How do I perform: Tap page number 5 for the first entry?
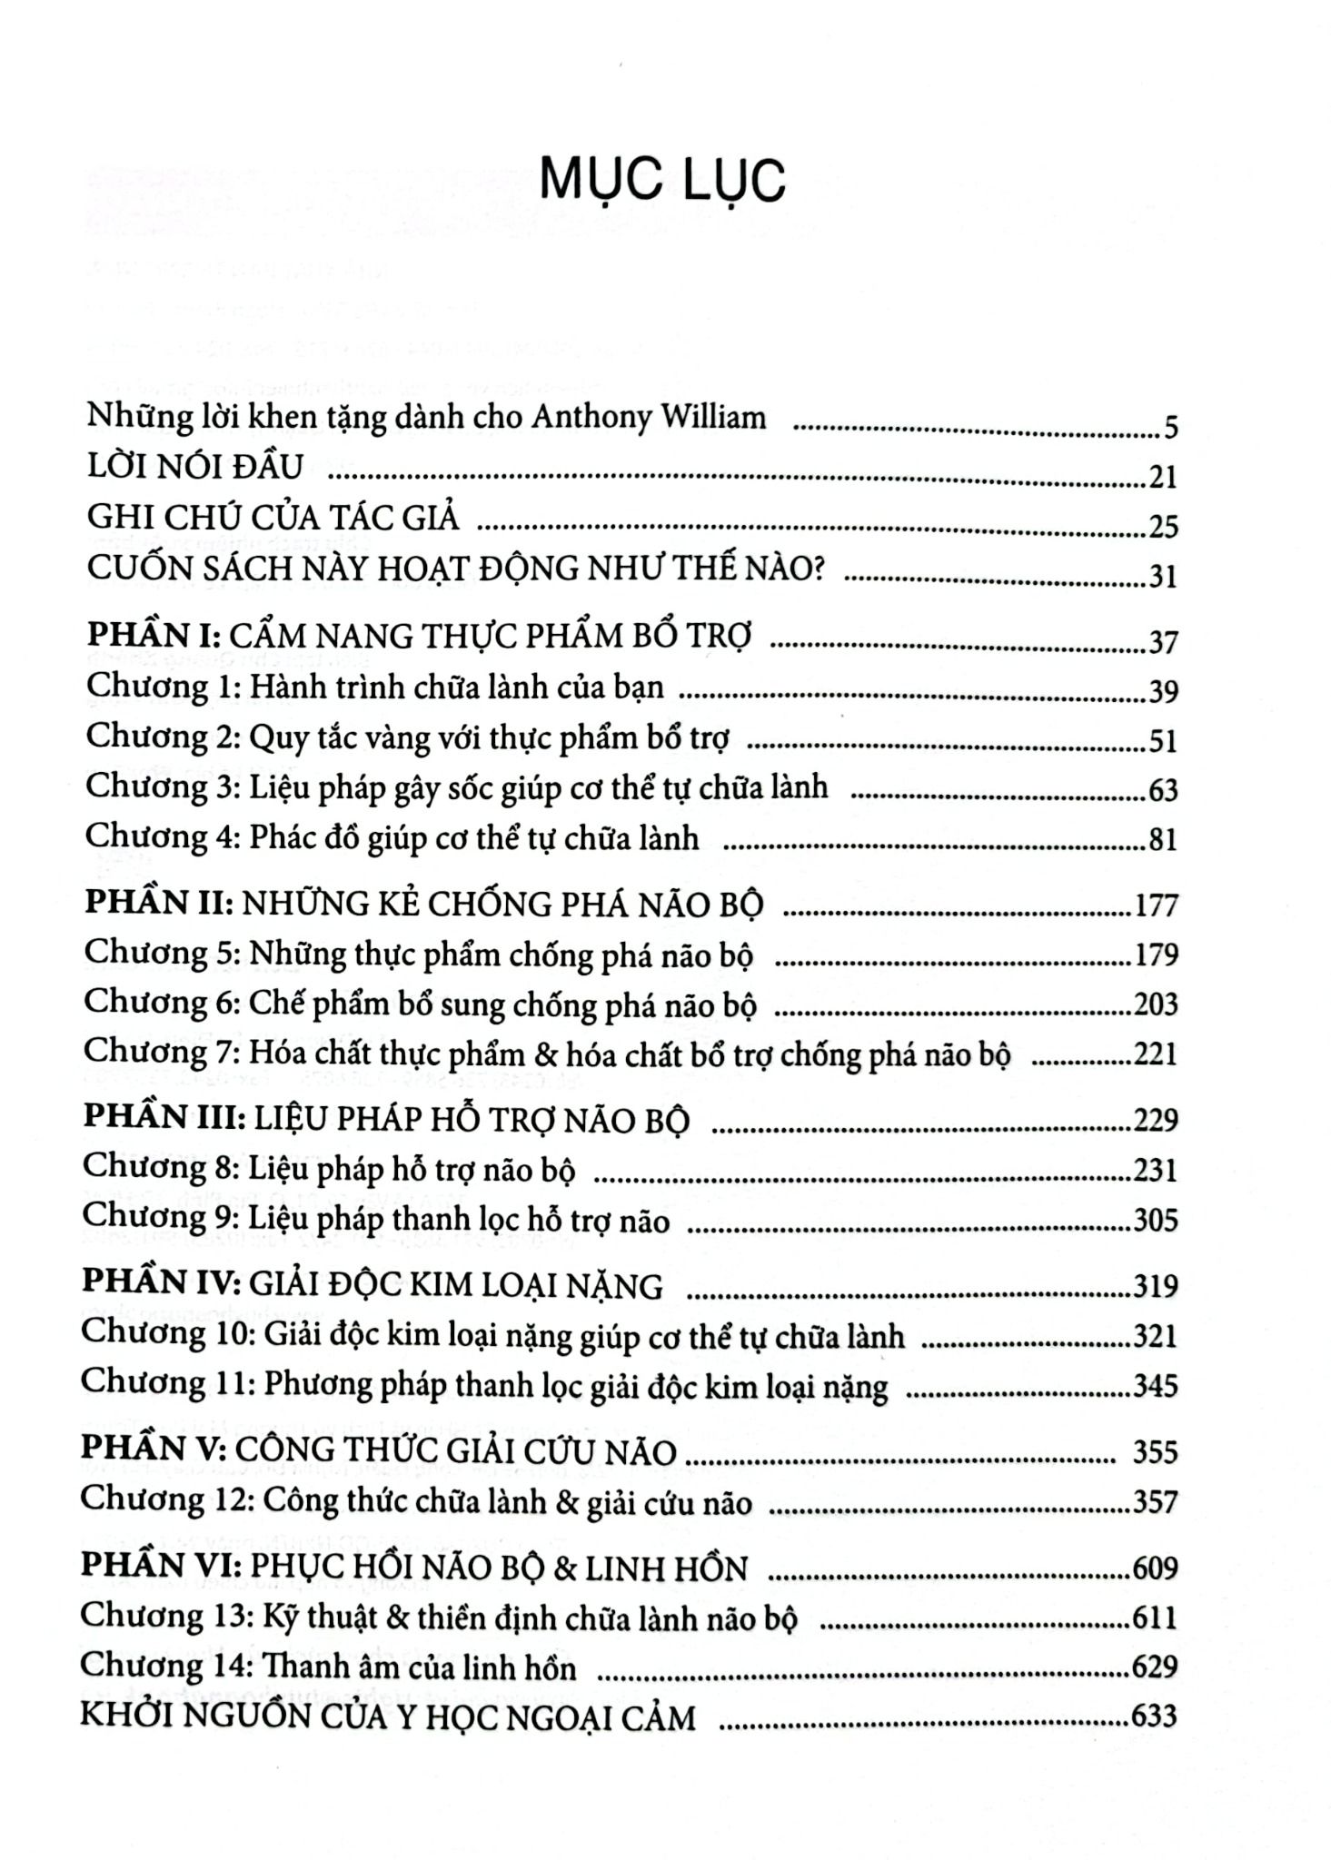tap(1170, 426)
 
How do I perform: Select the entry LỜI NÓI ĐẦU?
tap(195, 467)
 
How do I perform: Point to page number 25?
tap(1163, 526)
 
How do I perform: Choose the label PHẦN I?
tap(160, 635)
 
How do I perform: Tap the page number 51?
tap(1163, 741)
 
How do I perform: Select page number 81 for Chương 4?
tap(1163, 839)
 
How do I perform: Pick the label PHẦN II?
tap(161, 903)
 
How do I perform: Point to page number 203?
tap(1155, 1004)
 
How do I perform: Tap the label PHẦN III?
tap(164, 1117)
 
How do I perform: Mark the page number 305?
tap(1155, 1220)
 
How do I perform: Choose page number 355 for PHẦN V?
tap(1155, 1452)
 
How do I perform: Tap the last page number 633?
tap(1154, 1716)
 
